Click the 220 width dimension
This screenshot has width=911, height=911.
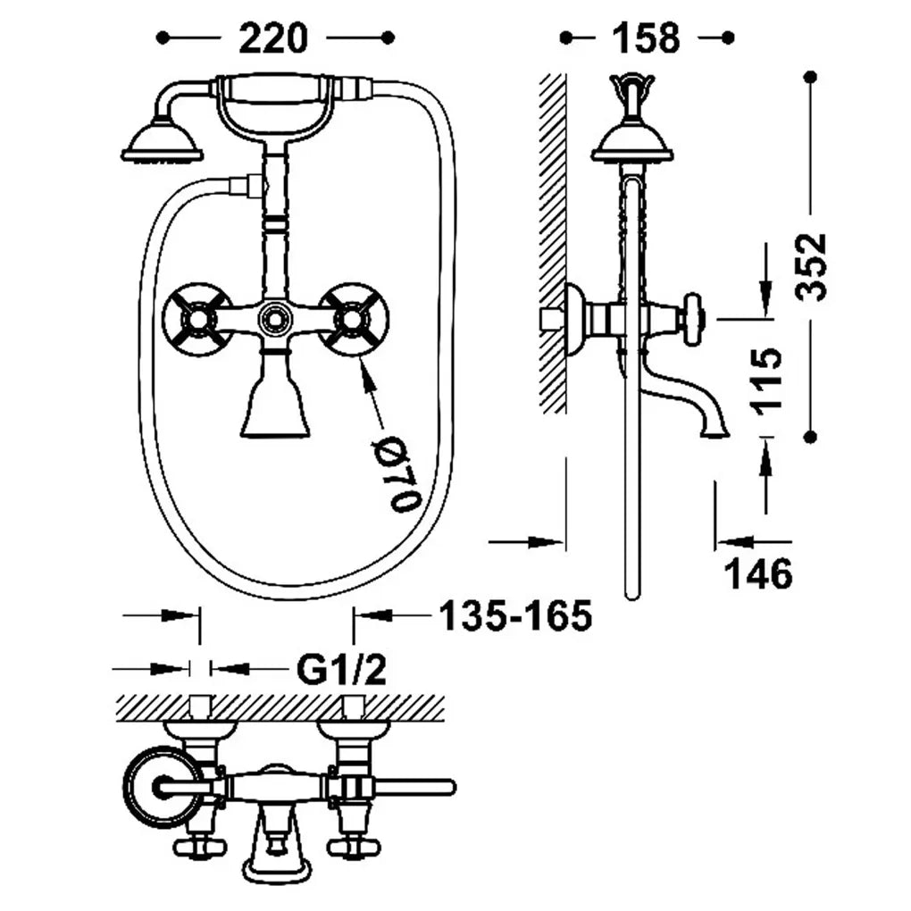(272, 38)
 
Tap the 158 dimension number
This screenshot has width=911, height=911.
(646, 38)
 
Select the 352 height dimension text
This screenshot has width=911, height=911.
(812, 267)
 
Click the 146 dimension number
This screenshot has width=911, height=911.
(758, 573)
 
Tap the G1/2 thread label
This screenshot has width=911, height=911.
(341, 669)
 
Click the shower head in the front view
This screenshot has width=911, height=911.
(163, 141)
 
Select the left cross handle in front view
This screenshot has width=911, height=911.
(190, 319)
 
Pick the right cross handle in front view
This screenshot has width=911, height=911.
(355, 319)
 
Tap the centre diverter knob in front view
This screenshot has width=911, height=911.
(272, 318)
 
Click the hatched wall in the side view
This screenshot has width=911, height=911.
(552, 243)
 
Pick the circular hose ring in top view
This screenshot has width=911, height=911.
(157, 787)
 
